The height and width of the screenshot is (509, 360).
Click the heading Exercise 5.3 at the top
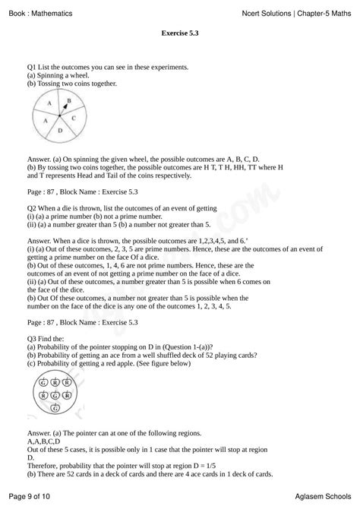click(x=180, y=33)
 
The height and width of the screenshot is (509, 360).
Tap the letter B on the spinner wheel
click(x=68, y=100)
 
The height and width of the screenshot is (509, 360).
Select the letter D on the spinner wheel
click(x=60, y=131)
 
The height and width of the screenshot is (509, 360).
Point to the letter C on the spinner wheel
click(x=74, y=118)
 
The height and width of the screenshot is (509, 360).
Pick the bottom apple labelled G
click(x=55, y=408)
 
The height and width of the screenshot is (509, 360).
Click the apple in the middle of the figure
click(x=56, y=395)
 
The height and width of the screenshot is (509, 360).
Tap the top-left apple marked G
click(x=44, y=382)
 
